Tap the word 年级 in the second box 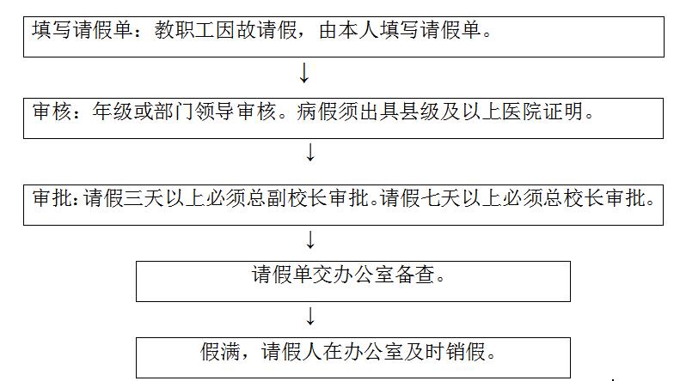click(113, 112)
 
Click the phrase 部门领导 click(195, 112)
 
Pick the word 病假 click(317, 112)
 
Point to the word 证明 click(563, 112)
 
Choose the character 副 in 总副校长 click(276, 198)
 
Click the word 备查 click(415, 275)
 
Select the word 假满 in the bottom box click(220, 351)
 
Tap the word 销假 click(466, 351)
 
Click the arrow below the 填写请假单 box click(304, 73)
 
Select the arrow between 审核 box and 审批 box click(310, 153)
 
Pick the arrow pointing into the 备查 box click(310, 239)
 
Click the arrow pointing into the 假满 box click(310, 316)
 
